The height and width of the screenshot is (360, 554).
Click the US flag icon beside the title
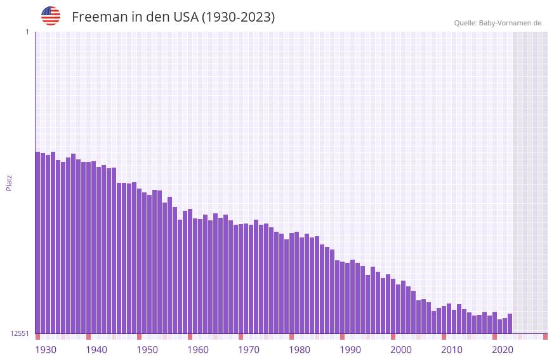51,16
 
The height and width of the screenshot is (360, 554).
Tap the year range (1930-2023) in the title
238,17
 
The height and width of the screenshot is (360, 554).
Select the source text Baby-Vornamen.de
510,23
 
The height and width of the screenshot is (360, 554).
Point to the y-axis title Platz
9,182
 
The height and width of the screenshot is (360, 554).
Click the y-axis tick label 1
27,32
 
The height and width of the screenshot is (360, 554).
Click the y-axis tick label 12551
20,333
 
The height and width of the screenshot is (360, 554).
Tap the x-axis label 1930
46,350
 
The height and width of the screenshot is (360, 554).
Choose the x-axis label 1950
147,350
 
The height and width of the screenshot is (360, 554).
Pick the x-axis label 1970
249,350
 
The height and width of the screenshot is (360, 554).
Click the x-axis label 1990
350,350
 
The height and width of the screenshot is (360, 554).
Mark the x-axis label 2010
452,350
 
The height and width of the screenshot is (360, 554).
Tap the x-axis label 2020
503,350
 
